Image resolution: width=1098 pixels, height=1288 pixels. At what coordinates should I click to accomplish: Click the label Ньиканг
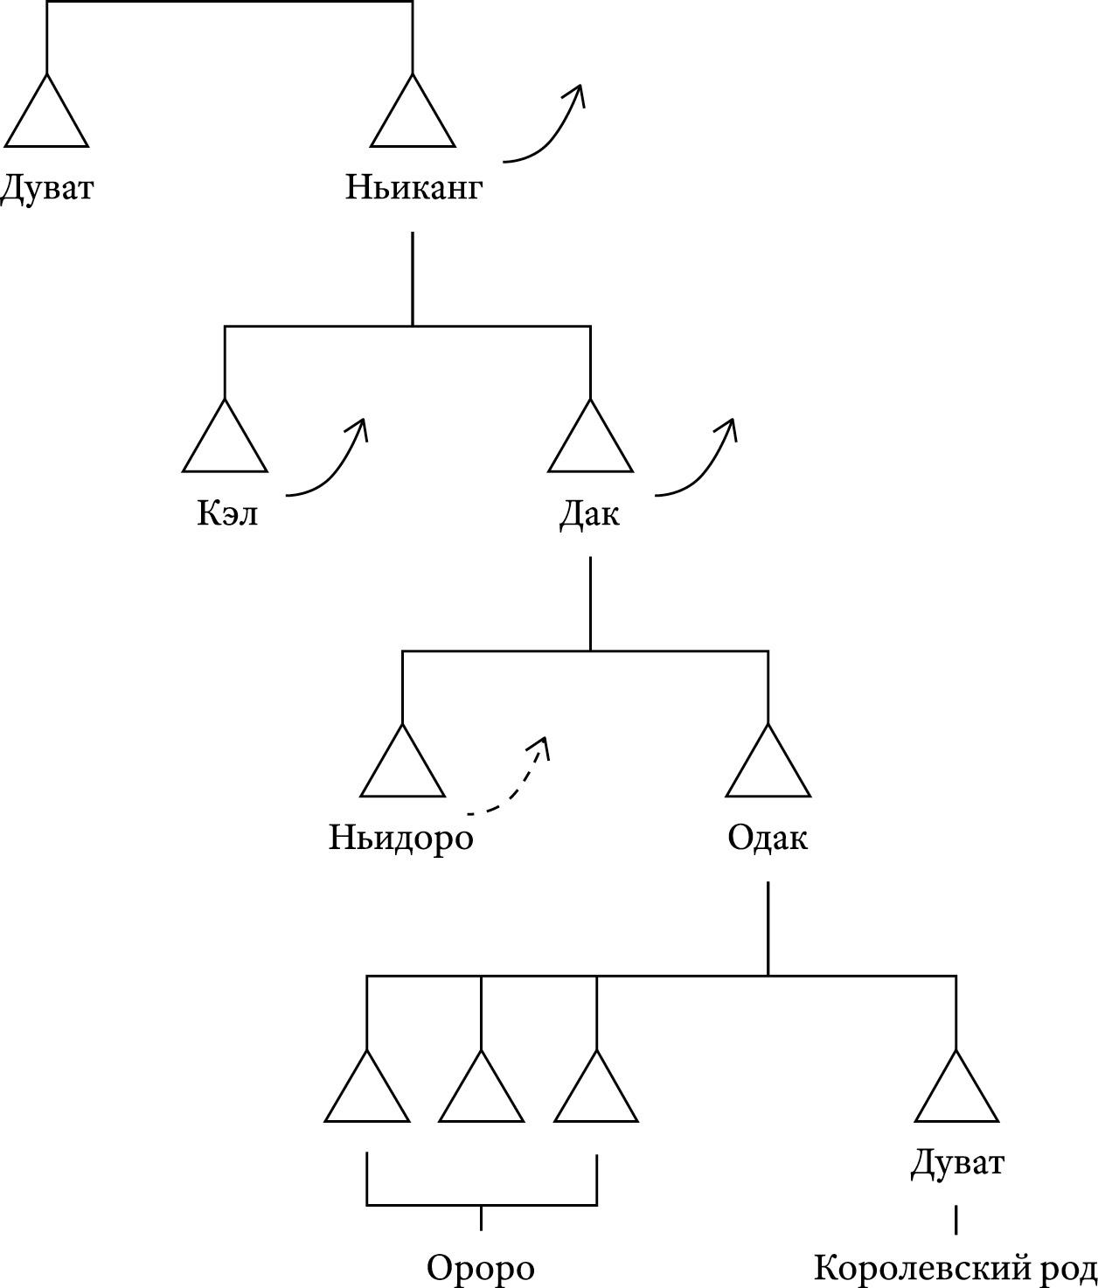click(x=413, y=188)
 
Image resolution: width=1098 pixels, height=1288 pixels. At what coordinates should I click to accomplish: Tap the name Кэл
click(x=227, y=513)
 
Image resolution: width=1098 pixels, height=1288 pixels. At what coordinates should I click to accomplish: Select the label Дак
click(x=590, y=513)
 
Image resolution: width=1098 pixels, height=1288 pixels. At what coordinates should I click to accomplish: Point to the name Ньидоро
click(x=401, y=838)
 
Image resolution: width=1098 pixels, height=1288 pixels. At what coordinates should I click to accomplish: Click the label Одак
click(x=768, y=838)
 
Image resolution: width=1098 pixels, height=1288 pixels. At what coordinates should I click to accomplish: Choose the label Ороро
click(x=480, y=1268)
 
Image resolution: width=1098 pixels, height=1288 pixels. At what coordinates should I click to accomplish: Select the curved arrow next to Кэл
click(x=333, y=463)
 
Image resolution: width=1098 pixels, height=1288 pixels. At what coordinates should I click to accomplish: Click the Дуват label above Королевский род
click(x=957, y=1163)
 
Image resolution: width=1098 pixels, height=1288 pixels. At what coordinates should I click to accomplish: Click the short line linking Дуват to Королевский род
click(x=956, y=1219)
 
